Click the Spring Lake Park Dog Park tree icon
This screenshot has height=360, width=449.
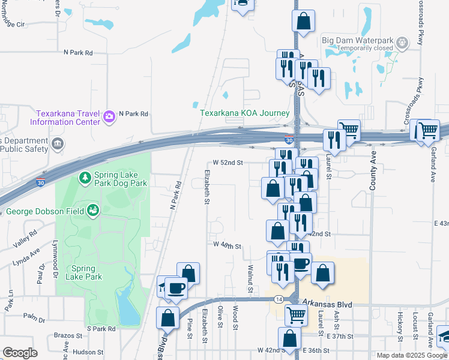[85, 178]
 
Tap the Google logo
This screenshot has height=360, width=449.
[19, 353]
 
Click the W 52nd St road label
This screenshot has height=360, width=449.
[228, 163]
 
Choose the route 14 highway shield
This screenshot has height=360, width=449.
[279, 298]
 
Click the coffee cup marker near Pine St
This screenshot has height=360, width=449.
[176, 289]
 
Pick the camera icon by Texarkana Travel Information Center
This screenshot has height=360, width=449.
[109, 116]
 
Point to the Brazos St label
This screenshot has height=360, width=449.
[67, 336]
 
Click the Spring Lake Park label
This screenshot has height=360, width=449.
[86, 272]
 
